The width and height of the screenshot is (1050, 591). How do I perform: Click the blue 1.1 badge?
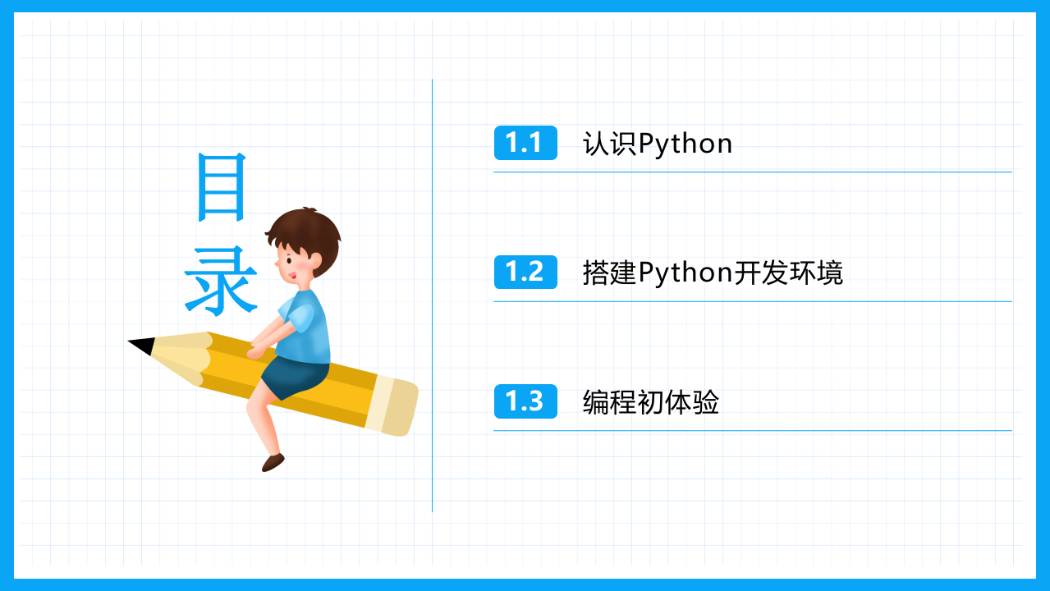tap(525, 143)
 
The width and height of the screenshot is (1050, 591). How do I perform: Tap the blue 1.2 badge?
tap(525, 273)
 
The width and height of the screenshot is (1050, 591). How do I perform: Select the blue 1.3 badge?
tap(525, 401)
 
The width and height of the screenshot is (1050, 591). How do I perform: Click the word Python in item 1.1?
tap(685, 144)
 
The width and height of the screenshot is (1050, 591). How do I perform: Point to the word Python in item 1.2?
tap(685, 273)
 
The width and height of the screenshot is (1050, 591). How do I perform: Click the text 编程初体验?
tap(651, 402)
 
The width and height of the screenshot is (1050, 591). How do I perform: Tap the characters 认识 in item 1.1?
tap(610, 144)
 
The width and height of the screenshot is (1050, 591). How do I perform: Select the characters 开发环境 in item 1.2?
tap(788, 273)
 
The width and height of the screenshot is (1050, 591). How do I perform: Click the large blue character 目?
tap(222, 187)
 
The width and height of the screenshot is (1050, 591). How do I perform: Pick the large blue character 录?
tap(221, 281)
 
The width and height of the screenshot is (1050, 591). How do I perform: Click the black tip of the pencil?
tap(141, 346)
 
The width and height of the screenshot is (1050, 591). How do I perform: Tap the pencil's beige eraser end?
tap(392, 405)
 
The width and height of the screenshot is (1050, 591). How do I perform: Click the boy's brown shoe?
tap(273, 462)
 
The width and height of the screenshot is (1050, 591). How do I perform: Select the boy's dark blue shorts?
tap(296, 376)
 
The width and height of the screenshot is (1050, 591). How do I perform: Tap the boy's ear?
tap(315, 260)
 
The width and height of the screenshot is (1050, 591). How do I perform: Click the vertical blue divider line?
tap(432, 295)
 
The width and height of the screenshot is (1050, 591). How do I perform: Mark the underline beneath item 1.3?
tap(753, 430)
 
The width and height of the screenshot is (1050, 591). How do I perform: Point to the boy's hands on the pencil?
tap(257, 349)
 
